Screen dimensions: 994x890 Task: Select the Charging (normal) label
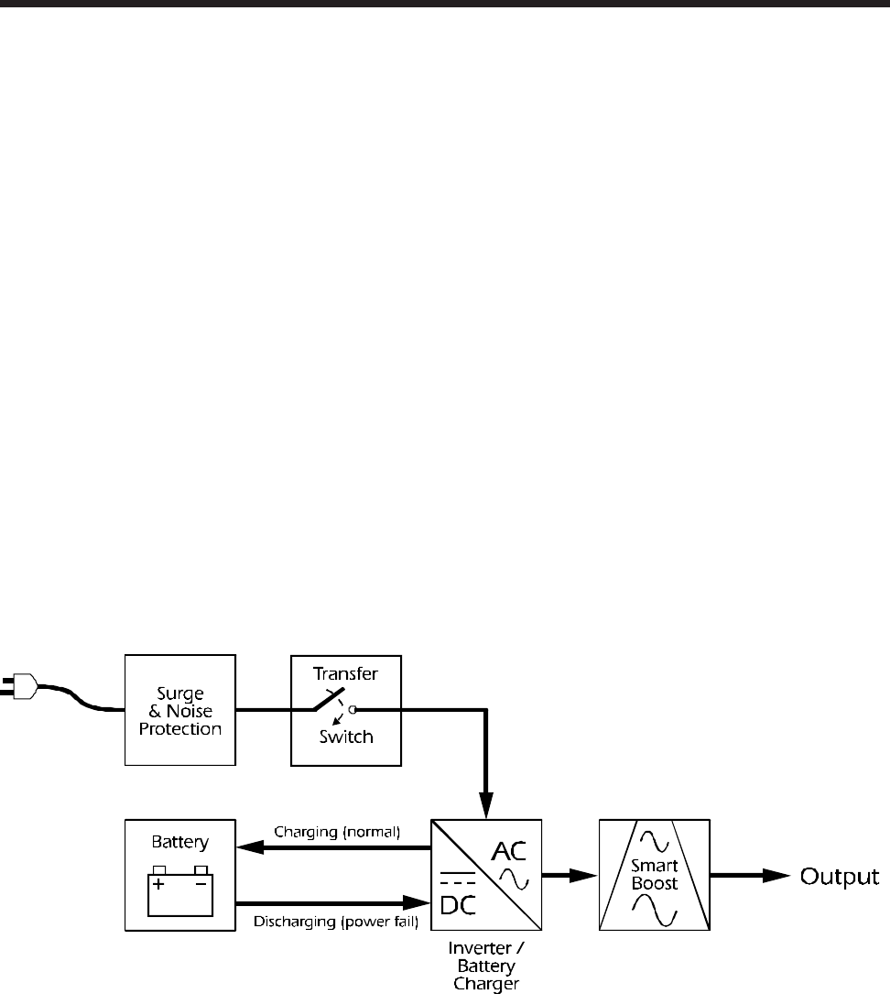[338, 833]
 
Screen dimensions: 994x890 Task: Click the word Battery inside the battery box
[180, 842]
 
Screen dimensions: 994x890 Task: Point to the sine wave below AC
[514, 880]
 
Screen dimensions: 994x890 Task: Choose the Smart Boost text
[655, 876]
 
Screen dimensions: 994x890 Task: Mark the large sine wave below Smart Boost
[655, 912]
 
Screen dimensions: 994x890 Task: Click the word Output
[841, 877]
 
